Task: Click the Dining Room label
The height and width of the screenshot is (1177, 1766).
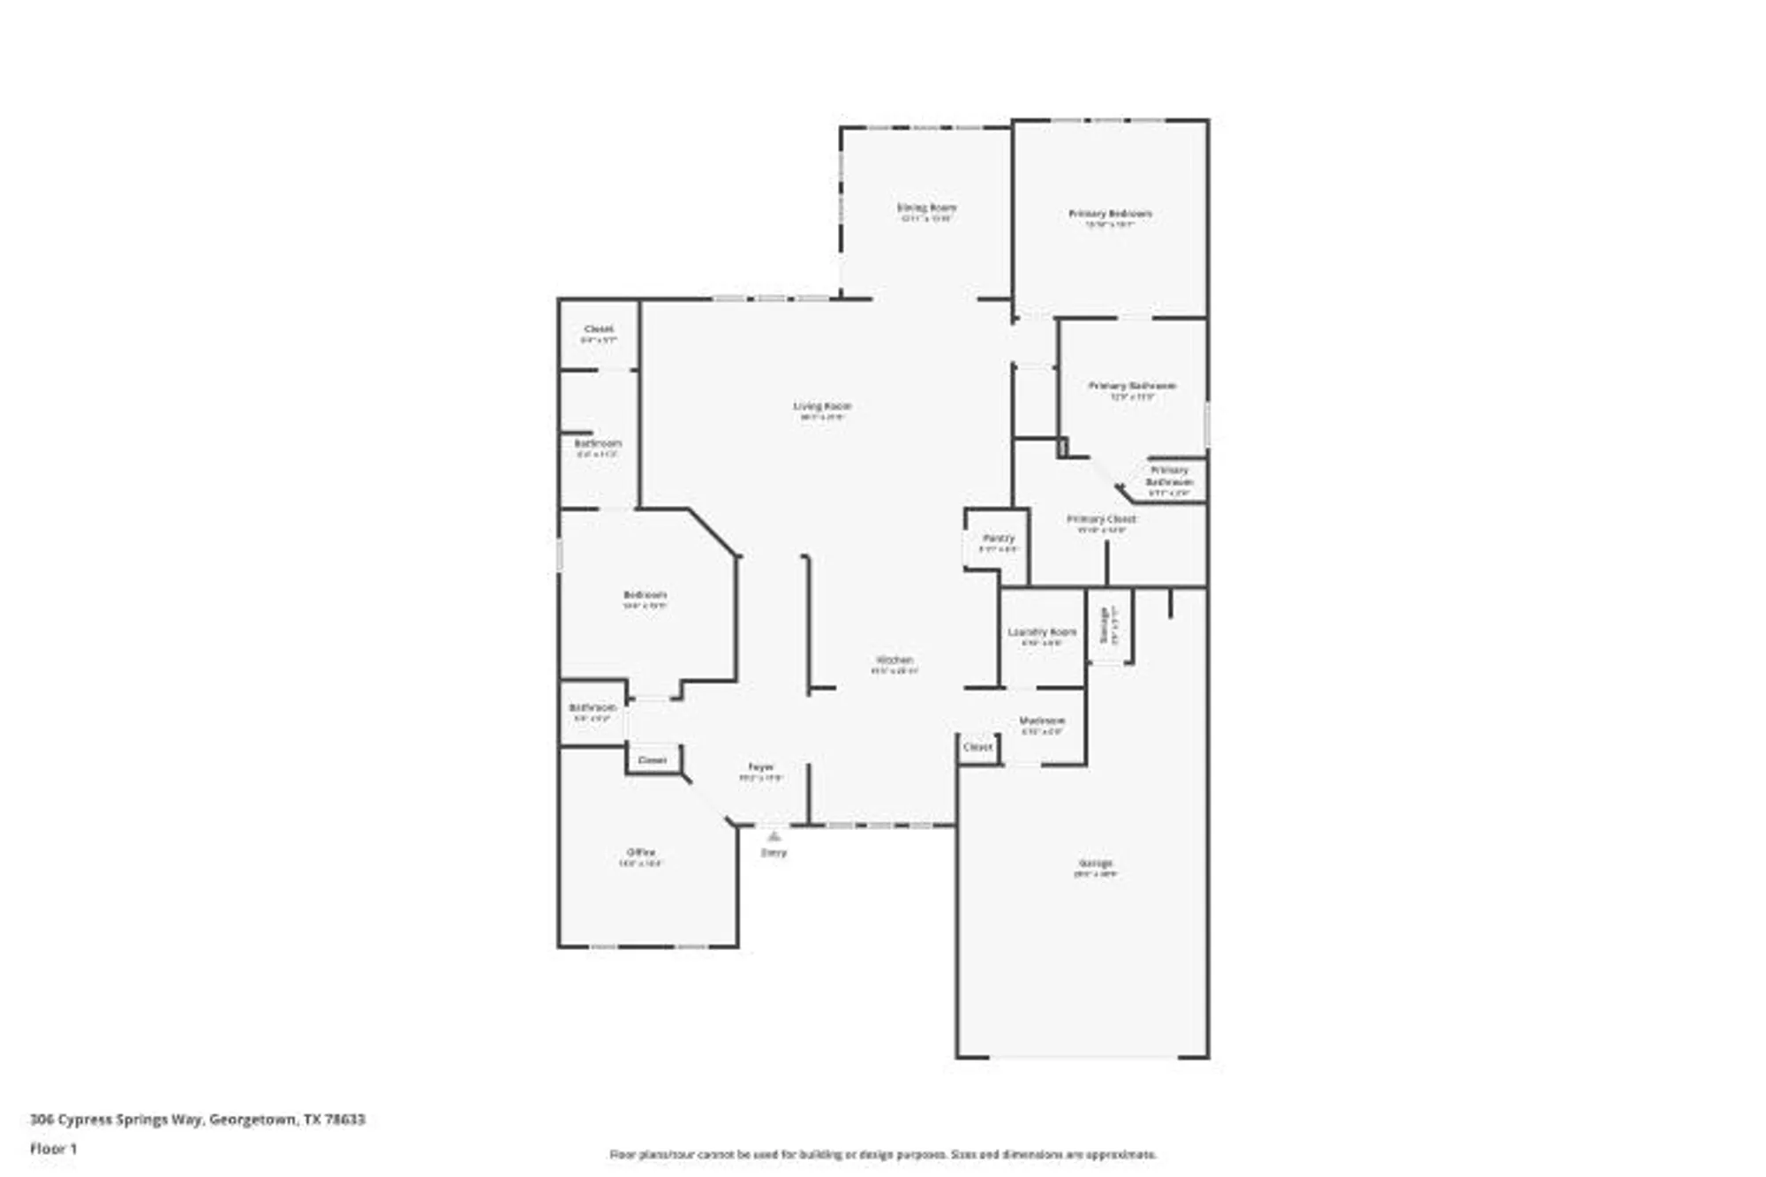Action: [x=926, y=208]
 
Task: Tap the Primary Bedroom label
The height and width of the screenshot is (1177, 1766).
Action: [x=1110, y=214]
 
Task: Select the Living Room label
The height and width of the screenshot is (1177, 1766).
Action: [x=822, y=406]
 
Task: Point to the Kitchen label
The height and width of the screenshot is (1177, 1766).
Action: [x=894, y=660]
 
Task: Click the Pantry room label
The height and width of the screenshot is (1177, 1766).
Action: [x=999, y=538]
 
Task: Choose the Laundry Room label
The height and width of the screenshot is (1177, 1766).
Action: [x=1042, y=632]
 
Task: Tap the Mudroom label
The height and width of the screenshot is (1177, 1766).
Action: [x=1042, y=721]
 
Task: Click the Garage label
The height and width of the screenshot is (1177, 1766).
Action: [x=1095, y=863]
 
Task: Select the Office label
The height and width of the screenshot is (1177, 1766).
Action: [x=641, y=852]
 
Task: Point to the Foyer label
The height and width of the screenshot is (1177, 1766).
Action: [x=760, y=767]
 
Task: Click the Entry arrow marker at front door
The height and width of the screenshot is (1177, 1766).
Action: [x=774, y=834]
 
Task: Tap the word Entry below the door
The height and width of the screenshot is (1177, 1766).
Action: [x=774, y=853]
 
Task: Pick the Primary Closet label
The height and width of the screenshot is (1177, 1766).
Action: [x=1101, y=519]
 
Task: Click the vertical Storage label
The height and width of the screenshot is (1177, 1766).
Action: [x=1104, y=624]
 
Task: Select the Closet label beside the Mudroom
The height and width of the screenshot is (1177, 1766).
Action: [x=977, y=747]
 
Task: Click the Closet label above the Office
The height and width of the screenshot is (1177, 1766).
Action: [x=653, y=760]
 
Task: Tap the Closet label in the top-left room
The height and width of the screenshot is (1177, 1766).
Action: [x=599, y=328]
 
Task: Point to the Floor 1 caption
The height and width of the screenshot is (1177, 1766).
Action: [x=54, y=1149]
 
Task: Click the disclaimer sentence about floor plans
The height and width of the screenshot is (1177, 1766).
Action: [x=883, y=1154]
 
